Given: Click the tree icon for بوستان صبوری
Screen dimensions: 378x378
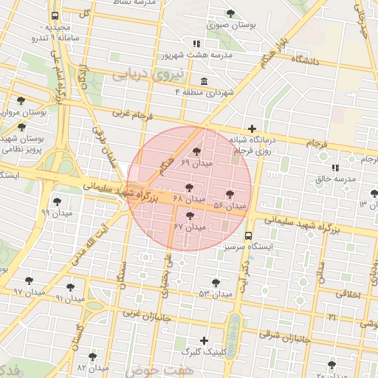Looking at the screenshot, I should click(x=231, y=13).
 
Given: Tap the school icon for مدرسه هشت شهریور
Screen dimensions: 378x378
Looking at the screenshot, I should click(x=196, y=43).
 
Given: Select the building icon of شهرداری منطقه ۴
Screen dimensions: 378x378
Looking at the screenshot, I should click(x=204, y=81).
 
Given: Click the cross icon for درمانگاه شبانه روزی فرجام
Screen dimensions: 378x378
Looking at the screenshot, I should click(x=252, y=128).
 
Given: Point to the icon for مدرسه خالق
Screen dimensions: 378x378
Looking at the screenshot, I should click(x=335, y=168).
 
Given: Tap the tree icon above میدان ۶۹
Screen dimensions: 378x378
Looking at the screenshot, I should click(x=196, y=151).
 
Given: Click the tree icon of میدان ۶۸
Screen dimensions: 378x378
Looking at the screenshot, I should click(x=190, y=188).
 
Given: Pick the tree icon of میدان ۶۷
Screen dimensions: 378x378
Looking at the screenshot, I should click(x=191, y=216).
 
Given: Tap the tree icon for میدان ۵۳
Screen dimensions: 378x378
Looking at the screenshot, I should click(x=216, y=283).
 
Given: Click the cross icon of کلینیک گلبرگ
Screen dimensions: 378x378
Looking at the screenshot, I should click(x=205, y=340).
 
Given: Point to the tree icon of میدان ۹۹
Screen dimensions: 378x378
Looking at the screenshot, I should click(x=57, y=201).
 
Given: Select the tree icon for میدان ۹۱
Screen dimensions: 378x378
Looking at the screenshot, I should click(x=71, y=287).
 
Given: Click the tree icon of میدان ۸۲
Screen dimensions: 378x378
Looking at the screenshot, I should click(x=92, y=357).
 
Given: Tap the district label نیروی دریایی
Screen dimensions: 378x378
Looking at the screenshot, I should click(x=140, y=75).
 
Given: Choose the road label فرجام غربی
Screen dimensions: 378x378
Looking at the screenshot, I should click(x=131, y=115).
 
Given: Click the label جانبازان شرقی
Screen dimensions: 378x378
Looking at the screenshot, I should click(x=286, y=338).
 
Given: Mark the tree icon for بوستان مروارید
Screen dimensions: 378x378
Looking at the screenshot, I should click(x=20, y=100).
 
